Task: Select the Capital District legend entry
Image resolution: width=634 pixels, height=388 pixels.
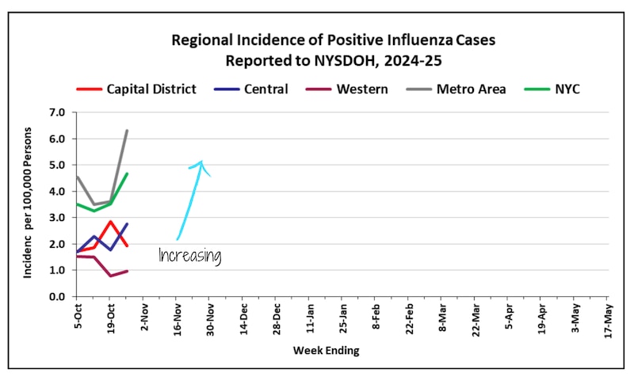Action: pyautogui.click(x=151, y=89)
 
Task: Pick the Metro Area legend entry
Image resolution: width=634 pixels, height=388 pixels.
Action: pyautogui.click(x=470, y=89)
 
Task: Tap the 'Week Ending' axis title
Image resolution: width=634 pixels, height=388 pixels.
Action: pyautogui.click(x=326, y=350)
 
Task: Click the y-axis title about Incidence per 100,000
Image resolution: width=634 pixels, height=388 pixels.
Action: pyautogui.click(x=28, y=205)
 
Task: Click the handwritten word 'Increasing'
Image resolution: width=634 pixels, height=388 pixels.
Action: pyautogui.click(x=189, y=256)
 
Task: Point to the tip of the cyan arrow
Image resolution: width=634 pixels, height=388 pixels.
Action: pyautogui.click(x=202, y=162)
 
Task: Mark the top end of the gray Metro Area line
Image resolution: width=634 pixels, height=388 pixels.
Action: pyautogui.click(x=127, y=131)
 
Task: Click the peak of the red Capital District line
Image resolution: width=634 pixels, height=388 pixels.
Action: pyautogui.click(x=111, y=222)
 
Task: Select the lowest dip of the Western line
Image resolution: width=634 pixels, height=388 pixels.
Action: pyautogui.click(x=111, y=276)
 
